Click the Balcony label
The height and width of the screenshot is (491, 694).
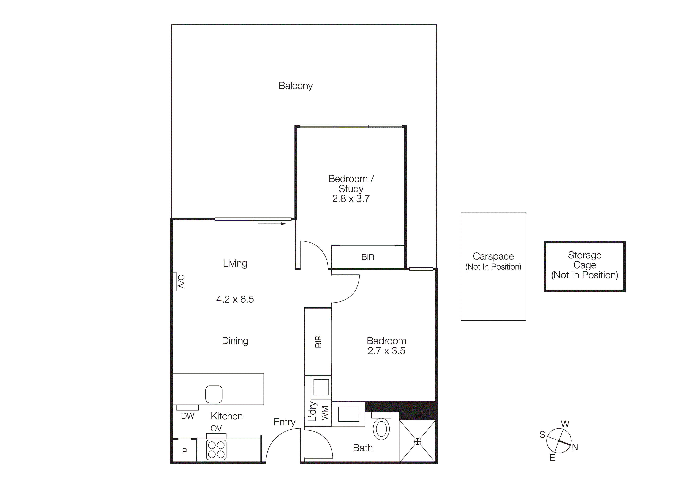pos(295,86)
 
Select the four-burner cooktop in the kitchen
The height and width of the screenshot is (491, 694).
pos(216,450)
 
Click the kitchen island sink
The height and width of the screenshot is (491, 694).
pos(214,394)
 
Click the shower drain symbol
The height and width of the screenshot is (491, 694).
pos(417,441)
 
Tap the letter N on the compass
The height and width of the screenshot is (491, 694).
pos(575,447)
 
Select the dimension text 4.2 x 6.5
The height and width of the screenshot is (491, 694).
pos(235,299)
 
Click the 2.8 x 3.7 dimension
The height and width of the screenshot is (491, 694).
pos(351,199)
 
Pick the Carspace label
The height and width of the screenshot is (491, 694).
pos(493,256)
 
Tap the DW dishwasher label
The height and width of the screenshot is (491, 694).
pos(187,416)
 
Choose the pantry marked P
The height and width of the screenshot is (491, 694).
pos(184,451)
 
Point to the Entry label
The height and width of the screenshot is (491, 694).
pos(284,422)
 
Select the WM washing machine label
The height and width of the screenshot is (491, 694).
pos(325,413)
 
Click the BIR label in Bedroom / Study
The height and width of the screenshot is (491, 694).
pos(368,257)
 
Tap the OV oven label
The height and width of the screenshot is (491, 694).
pos(216,428)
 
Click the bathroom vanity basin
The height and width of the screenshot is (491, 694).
pos(349,414)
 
